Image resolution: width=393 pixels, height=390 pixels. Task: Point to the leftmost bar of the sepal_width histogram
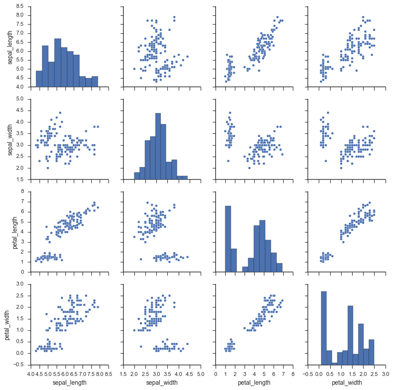pos(137,176)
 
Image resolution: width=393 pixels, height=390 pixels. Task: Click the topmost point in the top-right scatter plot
pos(363,17)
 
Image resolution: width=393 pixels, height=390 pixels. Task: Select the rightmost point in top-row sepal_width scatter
pos(187,56)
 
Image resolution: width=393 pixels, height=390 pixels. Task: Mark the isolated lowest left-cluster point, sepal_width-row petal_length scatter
pos(227,161)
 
